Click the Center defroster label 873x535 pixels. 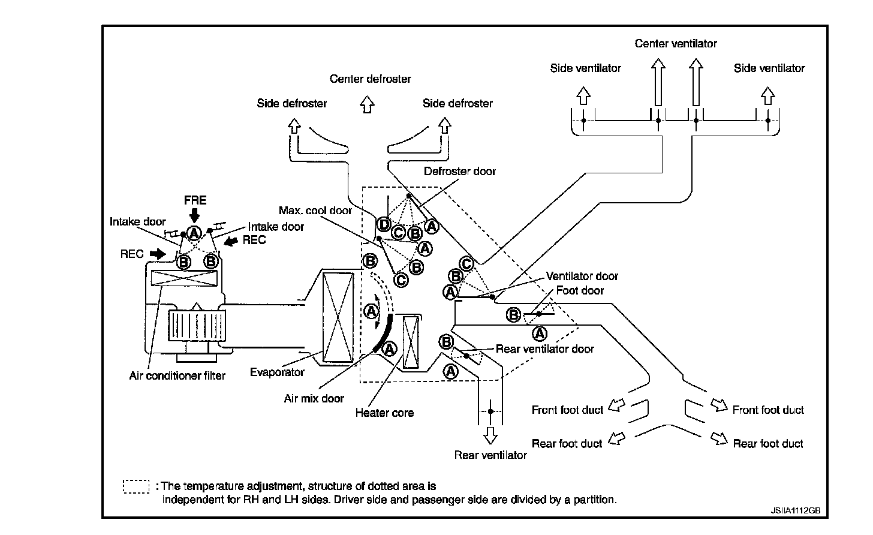[x=371, y=79]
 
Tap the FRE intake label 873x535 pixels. [x=195, y=200]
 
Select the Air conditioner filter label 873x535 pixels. [x=177, y=375]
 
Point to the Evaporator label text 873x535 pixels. [x=277, y=372]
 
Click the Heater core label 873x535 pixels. [x=384, y=413]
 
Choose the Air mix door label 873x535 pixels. [x=314, y=398]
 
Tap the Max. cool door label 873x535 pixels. [x=315, y=211]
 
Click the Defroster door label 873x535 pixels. [x=460, y=171]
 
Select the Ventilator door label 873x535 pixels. [x=582, y=276]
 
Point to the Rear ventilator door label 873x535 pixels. [x=545, y=348]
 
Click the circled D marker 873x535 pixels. [x=384, y=224]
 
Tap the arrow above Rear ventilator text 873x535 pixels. [x=490, y=435]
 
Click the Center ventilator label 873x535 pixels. [x=676, y=43]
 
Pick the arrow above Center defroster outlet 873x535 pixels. [x=367, y=104]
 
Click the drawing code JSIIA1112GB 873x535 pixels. [x=796, y=510]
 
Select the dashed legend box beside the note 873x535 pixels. [x=136, y=486]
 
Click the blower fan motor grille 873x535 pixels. [x=197, y=326]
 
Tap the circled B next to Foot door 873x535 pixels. [x=513, y=314]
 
